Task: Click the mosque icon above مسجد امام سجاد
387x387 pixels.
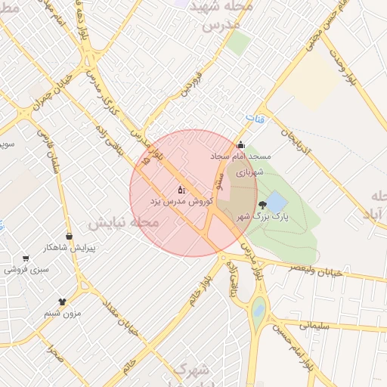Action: [x=241, y=146]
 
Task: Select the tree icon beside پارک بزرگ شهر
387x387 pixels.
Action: [x=262, y=205]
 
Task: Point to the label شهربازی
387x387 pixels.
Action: [x=249, y=172]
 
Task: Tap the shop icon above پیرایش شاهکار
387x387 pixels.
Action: [x=70, y=237]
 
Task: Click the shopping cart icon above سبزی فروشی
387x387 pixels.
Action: [x=26, y=258]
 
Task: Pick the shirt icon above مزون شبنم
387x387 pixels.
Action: [x=62, y=302]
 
